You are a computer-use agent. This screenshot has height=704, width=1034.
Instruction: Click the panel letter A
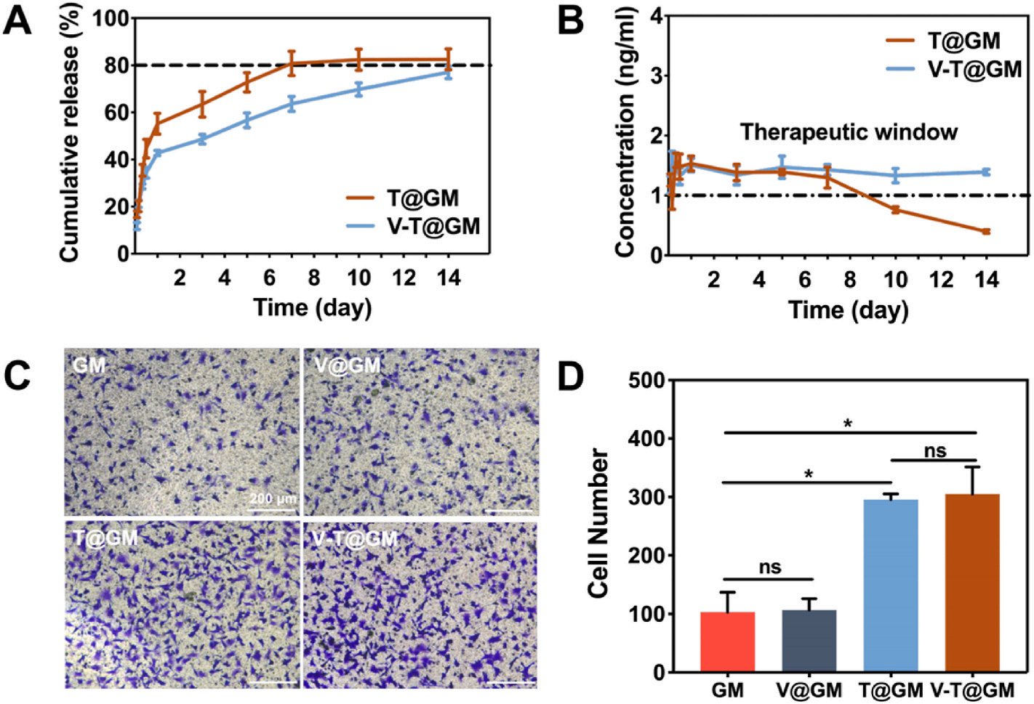point(17,20)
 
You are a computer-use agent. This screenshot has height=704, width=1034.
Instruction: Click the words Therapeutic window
point(849,132)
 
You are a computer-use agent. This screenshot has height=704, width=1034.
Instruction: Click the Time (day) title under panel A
point(312,307)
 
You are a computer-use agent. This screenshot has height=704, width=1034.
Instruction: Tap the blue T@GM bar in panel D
point(891,586)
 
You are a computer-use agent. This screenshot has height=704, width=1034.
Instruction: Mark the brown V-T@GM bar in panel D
point(972,583)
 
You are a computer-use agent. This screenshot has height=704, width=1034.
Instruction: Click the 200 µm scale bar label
point(273,499)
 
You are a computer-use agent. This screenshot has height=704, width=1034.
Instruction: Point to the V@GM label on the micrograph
point(348,365)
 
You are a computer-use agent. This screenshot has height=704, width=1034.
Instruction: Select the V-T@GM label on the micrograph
point(356,538)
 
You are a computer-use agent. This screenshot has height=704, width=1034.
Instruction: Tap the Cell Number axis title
point(598,523)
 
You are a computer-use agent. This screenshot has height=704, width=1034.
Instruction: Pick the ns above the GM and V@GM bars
point(769,567)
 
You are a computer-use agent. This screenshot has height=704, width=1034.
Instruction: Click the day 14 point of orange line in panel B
point(986,232)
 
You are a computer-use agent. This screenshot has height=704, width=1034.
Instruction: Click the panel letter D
point(570,377)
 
